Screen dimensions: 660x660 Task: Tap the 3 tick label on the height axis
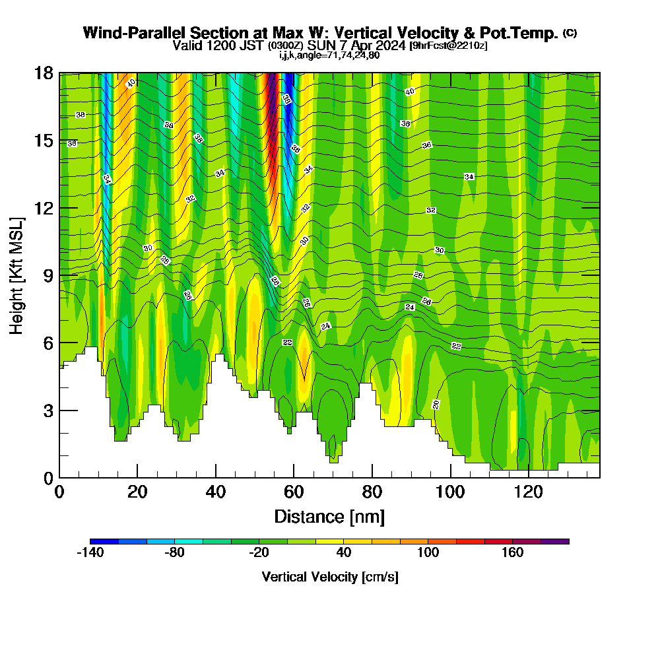pyautogui.click(x=47, y=411)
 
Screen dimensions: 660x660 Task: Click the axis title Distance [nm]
pyautogui.click(x=329, y=516)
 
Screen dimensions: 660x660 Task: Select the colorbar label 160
pyautogui.click(x=512, y=553)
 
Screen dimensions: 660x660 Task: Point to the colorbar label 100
pyautogui.click(x=428, y=553)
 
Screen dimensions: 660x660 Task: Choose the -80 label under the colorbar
pyautogui.click(x=174, y=553)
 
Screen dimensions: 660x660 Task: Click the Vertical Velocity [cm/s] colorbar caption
pyautogui.click(x=329, y=577)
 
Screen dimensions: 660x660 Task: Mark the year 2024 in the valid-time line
pyautogui.click(x=392, y=46)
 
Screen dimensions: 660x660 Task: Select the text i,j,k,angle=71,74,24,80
pyautogui.click(x=329, y=55)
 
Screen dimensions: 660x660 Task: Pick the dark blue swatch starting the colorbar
pyautogui.click(x=104, y=541)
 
